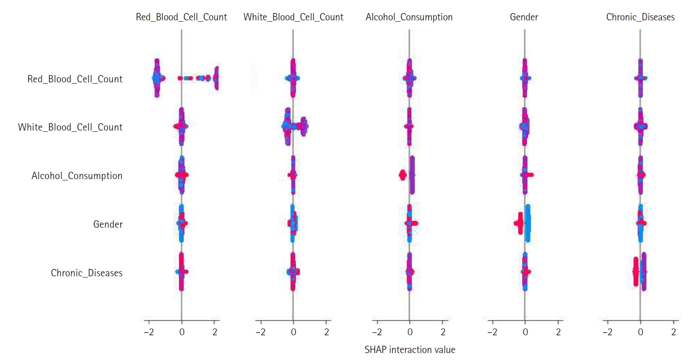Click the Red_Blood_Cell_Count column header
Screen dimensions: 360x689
pyautogui.click(x=181, y=17)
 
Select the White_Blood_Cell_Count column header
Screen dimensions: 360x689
pyautogui.click(x=293, y=17)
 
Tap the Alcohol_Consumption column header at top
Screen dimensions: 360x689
pyautogui.click(x=409, y=17)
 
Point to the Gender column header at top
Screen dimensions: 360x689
pyautogui.click(x=524, y=17)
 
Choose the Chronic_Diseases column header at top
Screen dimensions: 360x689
pyautogui.click(x=640, y=17)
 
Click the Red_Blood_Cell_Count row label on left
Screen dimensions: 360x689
pyautogui.click(x=75, y=79)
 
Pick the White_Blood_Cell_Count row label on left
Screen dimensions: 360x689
pyautogui.click(x=70, y=127)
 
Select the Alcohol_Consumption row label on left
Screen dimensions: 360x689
pyautogui.click(x=77, y=176)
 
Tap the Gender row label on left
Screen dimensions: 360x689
pyautogui.click(x=108, y=224)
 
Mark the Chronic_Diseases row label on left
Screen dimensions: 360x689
pyautogui.click(x=87, y=273)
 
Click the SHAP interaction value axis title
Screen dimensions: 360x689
pyautogui.click(x=410, y=350)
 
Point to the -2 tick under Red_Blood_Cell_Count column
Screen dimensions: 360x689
pyautogui.click(x=148, y=332)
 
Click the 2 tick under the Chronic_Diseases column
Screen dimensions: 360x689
pyautogui.click(x=673, y=332)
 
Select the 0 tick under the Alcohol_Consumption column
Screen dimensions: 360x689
pyautogui.click(x=410, y=332)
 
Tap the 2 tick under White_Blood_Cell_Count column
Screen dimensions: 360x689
pyautogui.click(x=327, y=332)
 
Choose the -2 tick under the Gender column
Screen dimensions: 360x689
pyautogui.click(x=492, y=332)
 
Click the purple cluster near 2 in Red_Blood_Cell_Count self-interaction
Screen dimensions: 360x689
pyautogui.click(x=217, y=78)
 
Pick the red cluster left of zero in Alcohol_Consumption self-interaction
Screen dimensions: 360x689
pyautogui.click(x=402, y=175)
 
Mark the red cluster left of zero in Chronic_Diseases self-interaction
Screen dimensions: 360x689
pyautogui.click(x=636, y=272)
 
